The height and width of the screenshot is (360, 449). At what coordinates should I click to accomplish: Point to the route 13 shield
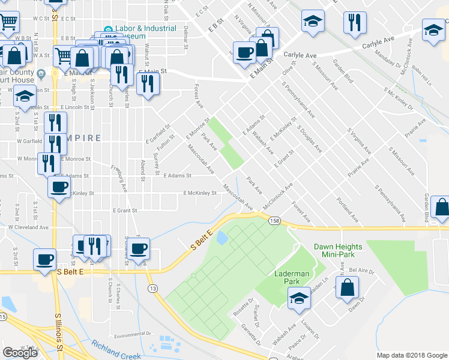point(154,289)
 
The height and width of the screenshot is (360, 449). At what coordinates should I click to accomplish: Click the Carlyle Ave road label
point(300,55)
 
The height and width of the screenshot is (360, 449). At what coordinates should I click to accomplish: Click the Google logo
point(20,353)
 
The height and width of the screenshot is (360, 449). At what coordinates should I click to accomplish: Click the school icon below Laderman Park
point(298,298)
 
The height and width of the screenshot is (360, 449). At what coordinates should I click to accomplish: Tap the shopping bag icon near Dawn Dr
point(348,287)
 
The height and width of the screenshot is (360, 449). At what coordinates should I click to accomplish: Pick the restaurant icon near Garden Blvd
point(355,22)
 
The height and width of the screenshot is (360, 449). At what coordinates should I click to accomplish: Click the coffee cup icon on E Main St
point(244,52)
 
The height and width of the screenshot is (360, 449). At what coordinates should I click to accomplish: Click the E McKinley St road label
point(200,193)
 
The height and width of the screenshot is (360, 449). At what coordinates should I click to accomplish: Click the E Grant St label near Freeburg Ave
point(125,211)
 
